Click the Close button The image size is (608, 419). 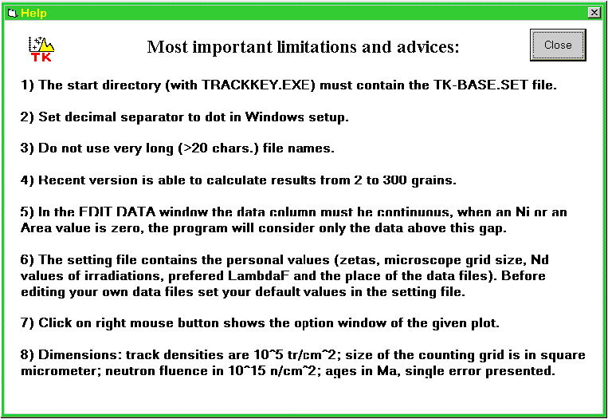558,45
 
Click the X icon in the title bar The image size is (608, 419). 594,13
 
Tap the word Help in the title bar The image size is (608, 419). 33,14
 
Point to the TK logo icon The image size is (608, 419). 41,49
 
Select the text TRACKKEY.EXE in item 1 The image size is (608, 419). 258,85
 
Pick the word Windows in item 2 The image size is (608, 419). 275,117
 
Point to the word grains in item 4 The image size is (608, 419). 433,181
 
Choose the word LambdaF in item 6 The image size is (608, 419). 259,275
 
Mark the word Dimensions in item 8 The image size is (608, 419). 80,355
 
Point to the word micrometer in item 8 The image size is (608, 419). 61,371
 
